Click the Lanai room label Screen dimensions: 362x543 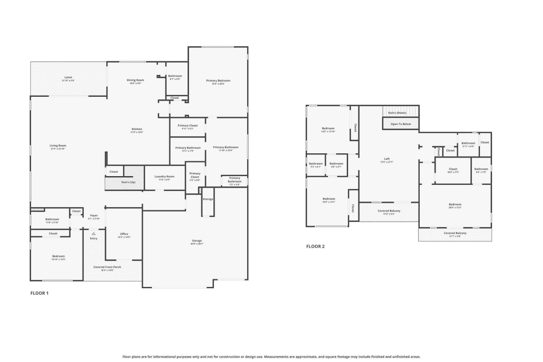click(68, 77)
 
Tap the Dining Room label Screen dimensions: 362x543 click(135, 80)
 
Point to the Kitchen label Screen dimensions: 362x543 click(136, 129)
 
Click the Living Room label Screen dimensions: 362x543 click(58, 146)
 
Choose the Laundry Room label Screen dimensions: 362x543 click(164, 176)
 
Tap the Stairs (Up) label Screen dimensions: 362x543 click(129, 182)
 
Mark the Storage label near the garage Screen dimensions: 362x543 click(208, 199)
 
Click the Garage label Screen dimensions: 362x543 click(197, 240)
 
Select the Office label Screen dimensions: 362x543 click(124, 234)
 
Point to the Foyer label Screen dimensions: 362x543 click(93, 215)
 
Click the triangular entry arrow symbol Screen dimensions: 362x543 click(93, 233)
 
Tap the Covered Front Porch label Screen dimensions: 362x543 click(107, 267)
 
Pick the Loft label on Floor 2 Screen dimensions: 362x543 click(387, 159)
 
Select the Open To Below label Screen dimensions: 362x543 click(401, 124)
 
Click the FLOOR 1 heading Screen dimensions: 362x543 click(39, 293)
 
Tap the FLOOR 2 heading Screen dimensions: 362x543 click(315, 246)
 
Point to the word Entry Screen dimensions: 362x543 click(93, 238)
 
